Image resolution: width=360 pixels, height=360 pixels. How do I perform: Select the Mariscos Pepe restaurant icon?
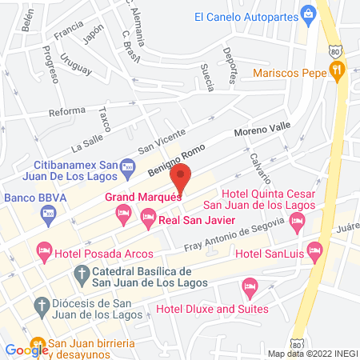coord(338,70)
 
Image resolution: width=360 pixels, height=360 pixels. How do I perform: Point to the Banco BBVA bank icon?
coord(46,214)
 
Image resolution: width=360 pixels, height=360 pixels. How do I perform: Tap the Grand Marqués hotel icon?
coord(122,212)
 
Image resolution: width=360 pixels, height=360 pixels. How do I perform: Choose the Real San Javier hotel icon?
coord(148,216)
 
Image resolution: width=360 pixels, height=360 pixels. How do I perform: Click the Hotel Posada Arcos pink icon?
coord(43,254)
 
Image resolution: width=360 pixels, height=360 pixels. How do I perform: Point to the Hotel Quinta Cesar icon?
coord(298,227)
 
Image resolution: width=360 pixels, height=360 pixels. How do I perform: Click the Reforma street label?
coord(67,111)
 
